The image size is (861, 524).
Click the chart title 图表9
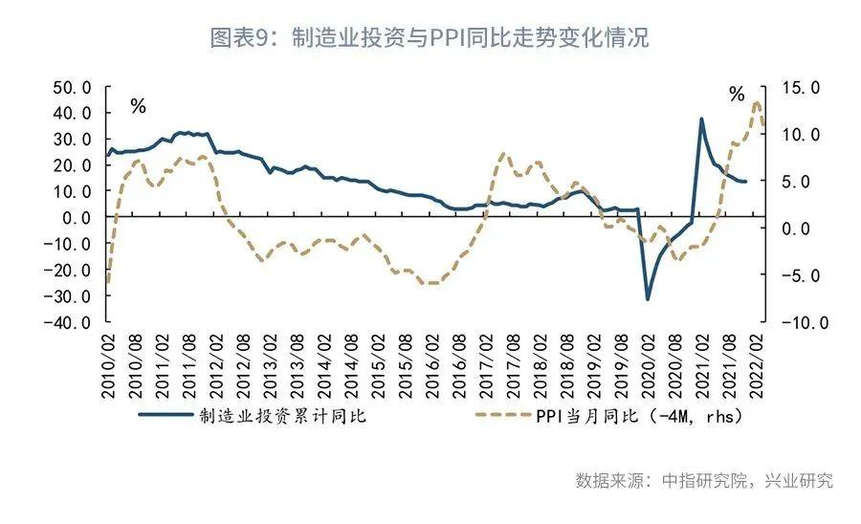click(430, 39)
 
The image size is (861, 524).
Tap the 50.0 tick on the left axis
click(72, 87)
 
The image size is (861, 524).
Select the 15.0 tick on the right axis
click(803, 87)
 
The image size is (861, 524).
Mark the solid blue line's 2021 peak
click(701, 120)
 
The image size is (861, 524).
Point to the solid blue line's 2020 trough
click(648, 298)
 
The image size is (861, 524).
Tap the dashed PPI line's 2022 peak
click(757, 102)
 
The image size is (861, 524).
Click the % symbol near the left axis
click(139, 106)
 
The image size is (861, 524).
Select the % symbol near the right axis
click(736, 94)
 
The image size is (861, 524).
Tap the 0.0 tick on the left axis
click(77, 218)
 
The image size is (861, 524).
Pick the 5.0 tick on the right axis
click(803, 181)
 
